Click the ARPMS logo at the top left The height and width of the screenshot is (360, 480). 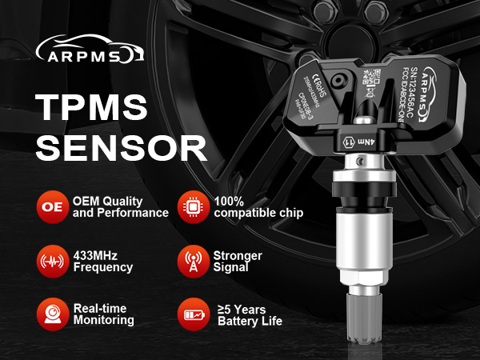pos(89,50)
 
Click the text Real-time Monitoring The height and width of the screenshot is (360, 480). pos(103,313)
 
